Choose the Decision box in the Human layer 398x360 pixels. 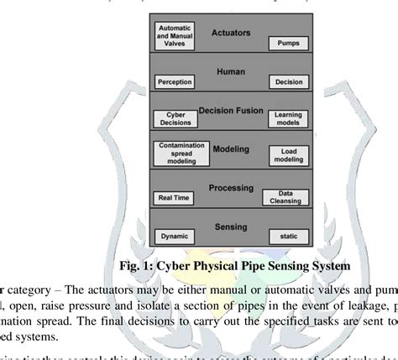(285, 82)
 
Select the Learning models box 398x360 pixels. (285, 118)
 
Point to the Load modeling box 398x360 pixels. (284, 156)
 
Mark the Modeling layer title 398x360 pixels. (229, 148)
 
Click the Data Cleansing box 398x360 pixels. (284, 196)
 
